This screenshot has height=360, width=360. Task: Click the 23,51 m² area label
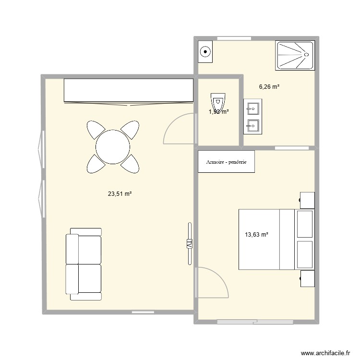[120, 194]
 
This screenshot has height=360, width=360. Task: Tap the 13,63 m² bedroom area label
[256, 235]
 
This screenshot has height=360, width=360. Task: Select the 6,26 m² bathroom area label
[269, 87]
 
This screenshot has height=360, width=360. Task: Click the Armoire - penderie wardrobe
[226, 162]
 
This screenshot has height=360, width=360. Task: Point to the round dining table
[113, 147]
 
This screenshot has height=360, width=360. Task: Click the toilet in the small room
[217, 102]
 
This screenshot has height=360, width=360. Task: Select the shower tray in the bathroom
[295, 55]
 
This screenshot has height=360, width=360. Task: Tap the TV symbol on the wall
[189, 243]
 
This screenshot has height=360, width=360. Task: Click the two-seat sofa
[84, 264]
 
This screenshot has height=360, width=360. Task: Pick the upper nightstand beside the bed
[308, 199]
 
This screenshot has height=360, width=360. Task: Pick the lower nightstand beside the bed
[308, 279]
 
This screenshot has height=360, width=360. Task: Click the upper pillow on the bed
[305, 224]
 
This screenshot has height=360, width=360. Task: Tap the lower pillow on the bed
[305, 254]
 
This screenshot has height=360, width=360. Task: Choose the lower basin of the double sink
[252, 126]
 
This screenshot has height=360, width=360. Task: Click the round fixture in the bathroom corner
[205, 52]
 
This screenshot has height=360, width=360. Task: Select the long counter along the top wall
[128, 90]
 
